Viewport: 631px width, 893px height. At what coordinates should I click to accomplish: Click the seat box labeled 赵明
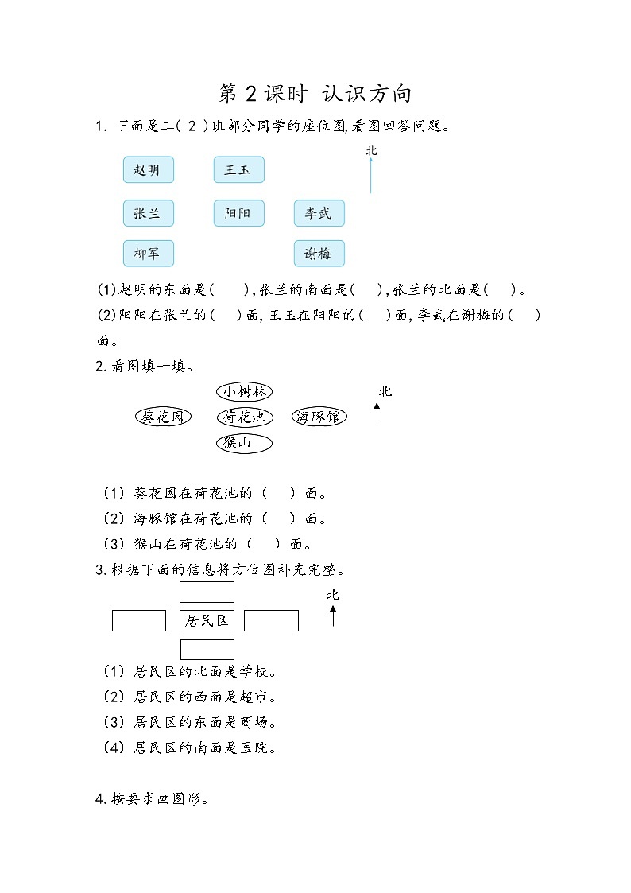click(148, 170)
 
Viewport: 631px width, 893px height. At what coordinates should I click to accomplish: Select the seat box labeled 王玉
click(238, 170)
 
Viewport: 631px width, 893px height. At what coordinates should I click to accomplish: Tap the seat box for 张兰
click(148, 214)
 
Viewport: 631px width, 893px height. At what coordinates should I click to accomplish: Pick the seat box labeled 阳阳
click(238, 214)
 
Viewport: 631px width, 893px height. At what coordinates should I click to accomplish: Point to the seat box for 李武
click(319, 214)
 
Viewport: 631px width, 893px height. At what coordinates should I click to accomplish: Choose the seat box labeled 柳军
click(148, 254)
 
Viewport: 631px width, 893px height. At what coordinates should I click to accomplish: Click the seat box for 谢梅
click(319, 254)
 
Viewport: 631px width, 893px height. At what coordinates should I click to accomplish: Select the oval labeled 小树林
click(245, 391)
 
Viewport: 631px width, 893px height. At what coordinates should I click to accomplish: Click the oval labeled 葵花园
click(163, 417)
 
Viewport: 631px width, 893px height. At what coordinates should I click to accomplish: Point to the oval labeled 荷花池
click(245, 417)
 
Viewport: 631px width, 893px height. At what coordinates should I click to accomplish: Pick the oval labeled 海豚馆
click(319, 417)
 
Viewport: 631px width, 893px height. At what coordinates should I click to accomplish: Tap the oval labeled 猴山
click(245, 443)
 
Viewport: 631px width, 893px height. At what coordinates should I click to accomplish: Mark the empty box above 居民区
click(207, 592)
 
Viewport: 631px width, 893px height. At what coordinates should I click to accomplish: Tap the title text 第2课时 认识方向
click(315, 94)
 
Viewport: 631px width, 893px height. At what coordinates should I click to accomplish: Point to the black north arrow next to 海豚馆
click(377, 413)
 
